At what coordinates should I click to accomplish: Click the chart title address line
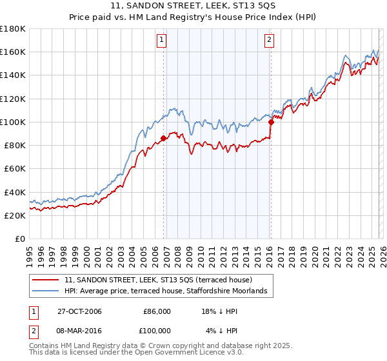click(193, 6)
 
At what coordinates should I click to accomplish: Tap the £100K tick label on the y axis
click(13, 122)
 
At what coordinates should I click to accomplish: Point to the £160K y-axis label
click(13, 52)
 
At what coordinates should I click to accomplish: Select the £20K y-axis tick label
click(15, 216)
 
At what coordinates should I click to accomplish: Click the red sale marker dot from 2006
click(164, 138)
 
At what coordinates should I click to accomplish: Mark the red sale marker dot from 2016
click(270, 121)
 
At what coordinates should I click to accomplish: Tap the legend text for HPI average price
click(170, 291)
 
